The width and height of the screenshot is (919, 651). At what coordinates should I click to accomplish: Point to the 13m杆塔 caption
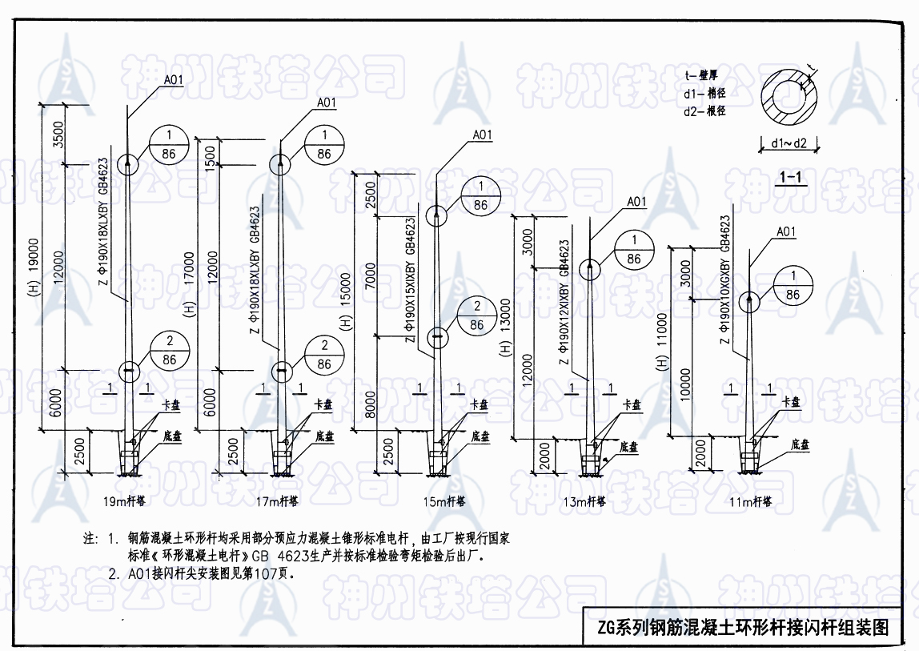coord(584,502)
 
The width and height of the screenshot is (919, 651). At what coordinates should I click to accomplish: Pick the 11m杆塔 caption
coord(750,502)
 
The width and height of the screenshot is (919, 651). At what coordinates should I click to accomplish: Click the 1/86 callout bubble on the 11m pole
coord(793,285)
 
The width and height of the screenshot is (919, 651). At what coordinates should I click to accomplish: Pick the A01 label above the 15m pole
coord(482,135)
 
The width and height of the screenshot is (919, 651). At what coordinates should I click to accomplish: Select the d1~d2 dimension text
coord(789,144)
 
